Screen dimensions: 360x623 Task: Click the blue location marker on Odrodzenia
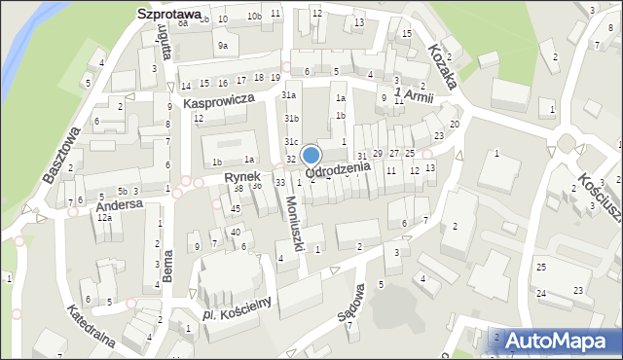(x=311, y=155)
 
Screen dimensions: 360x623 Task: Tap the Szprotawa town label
(x=167, y=15)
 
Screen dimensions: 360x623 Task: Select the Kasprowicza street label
(x=218, y=100)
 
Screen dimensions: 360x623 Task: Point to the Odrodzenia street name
(x=339, y=169)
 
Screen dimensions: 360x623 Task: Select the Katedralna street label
(x=93, y=326)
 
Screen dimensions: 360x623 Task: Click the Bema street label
(x=168, y=266)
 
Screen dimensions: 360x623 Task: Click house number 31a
(x=289, y=95)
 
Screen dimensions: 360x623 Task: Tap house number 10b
(x=254, y=17)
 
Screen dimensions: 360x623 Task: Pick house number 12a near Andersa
(x=104, y=218)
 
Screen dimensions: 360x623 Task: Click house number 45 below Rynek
(x=236, y=209)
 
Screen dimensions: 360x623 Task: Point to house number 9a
(x=223, y=45)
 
